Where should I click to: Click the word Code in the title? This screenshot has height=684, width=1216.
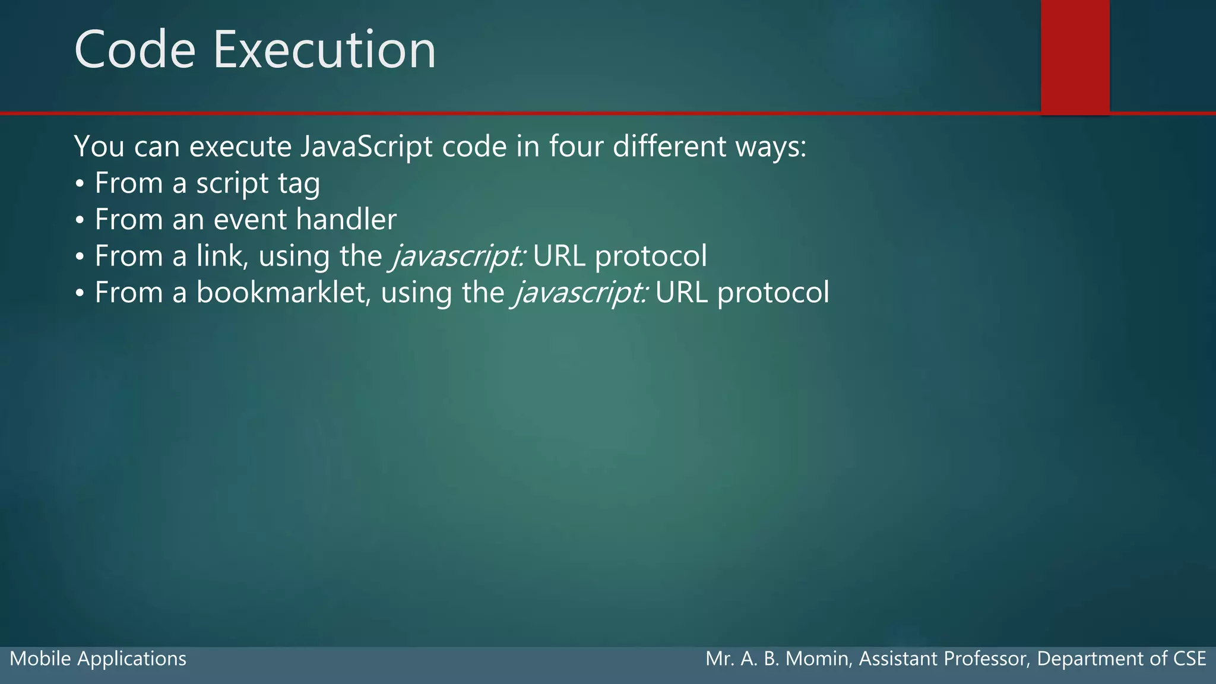coord(135,50)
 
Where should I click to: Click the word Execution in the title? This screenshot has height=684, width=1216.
coord(324,50)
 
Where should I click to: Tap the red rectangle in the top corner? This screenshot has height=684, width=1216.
coord(1075,56)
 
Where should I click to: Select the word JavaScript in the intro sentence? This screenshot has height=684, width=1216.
coord(366,147)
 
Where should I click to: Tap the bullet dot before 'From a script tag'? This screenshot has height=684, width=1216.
coord(80,184)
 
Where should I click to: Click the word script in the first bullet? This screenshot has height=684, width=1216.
coord(232,184)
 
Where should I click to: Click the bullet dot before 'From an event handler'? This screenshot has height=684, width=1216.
coord(80,220)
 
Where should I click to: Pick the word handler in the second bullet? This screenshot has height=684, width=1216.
coord(346,220)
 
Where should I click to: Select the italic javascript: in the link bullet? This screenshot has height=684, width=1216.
coord(458,257)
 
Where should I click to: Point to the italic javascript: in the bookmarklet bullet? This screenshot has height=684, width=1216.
coord(581,293)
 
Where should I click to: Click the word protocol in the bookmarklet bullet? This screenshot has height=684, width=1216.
coord(773,293)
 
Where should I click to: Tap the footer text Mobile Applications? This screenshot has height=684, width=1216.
coord(98,659)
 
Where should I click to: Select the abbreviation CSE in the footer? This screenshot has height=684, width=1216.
coord(1189,659)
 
